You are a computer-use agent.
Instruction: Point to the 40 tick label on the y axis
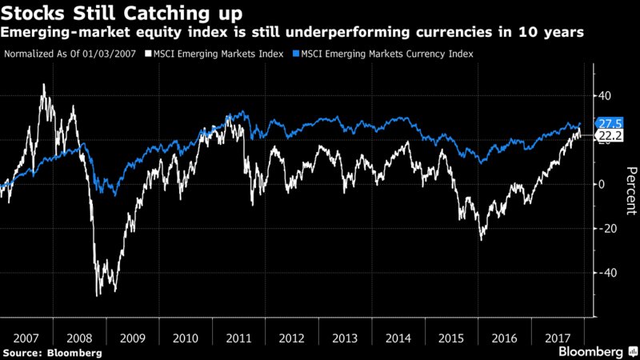[606, 96]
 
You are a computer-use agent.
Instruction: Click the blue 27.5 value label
[610, 124]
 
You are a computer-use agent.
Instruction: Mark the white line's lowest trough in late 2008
[98, 296]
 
